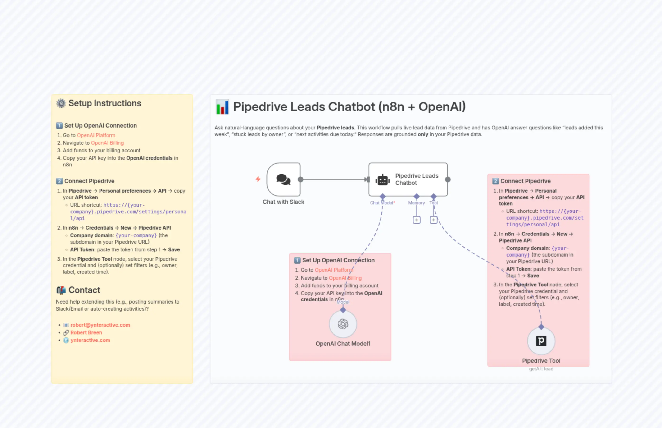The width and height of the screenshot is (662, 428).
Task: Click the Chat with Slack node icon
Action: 283,179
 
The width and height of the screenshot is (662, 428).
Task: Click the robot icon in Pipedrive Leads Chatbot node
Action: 383,180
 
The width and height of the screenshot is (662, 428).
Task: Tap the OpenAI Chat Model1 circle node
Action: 343,324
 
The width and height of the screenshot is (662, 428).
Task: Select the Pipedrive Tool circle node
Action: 541,341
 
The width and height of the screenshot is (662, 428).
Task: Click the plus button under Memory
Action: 416,220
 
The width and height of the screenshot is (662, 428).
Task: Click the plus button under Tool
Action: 433,220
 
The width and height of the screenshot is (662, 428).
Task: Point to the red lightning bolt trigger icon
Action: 258,179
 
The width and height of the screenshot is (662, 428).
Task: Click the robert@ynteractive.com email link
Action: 100,325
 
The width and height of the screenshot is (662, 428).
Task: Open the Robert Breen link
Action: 86,332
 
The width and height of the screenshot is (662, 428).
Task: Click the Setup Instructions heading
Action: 105,103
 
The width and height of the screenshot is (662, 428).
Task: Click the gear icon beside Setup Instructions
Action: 61,103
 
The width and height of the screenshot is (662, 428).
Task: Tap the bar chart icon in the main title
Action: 222,107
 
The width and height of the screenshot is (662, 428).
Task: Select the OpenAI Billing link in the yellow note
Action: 107,143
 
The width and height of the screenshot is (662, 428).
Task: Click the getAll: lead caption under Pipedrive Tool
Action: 541,369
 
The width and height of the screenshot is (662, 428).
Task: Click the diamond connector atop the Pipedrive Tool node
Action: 541,327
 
